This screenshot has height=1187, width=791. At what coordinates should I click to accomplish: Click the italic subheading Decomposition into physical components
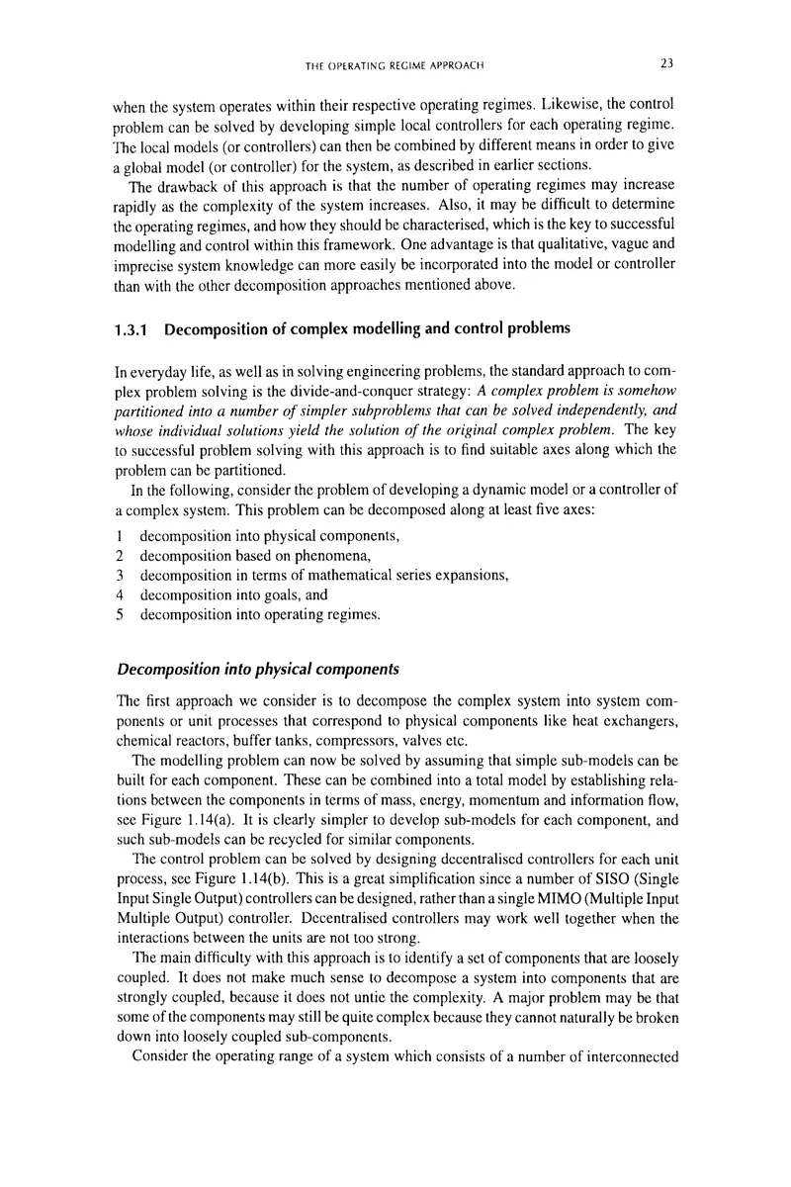[x=257, y=670]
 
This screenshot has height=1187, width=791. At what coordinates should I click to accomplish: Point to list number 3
[x=119, y=576]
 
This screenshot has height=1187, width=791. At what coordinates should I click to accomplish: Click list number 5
[x=119, y=615]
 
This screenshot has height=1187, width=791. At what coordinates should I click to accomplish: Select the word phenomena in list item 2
[x=332, y=556]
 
